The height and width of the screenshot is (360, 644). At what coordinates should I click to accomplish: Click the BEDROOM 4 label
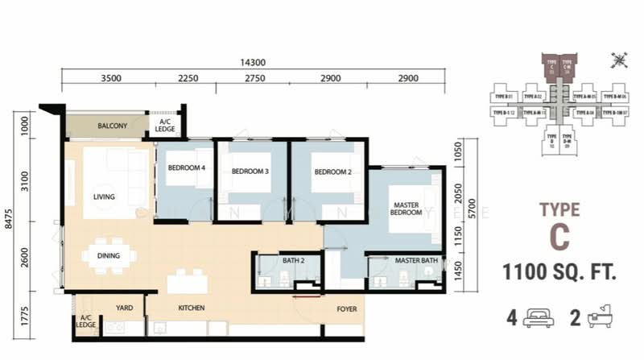pos(186,168)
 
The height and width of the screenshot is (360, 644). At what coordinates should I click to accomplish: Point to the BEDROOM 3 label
pos(250,172)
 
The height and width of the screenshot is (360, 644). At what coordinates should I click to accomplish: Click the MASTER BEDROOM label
pos(407,207)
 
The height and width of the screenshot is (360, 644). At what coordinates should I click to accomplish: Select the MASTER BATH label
pos(415,261)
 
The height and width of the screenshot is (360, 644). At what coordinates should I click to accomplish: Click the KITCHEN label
pos(191,308)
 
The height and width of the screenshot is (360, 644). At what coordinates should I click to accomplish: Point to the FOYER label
pos(347,308)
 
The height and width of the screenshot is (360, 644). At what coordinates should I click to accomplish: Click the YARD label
pos(124,308)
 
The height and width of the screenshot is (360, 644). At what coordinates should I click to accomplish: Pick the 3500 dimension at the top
pos(111,79)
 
